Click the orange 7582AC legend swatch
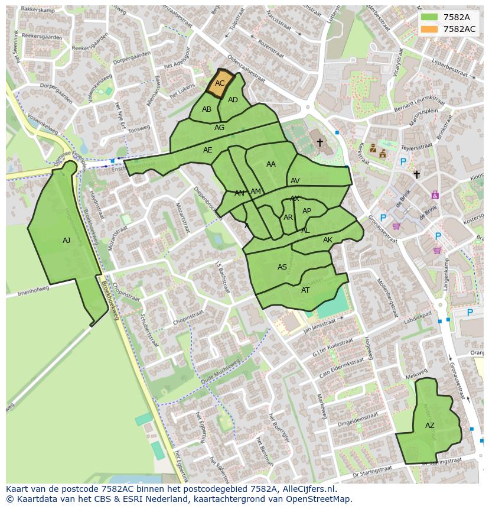point(429,29)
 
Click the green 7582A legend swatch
point(429,17)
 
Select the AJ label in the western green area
point(66,241)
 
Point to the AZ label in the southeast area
point(430,426)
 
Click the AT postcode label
point(305,290)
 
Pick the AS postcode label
point(282,267)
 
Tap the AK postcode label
point(328,240)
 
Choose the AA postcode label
point(271,164)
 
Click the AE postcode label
point(207,150)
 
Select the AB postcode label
point(207,109)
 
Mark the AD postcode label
point(233,100)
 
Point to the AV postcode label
point(295,181)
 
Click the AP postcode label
point(307,211)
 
